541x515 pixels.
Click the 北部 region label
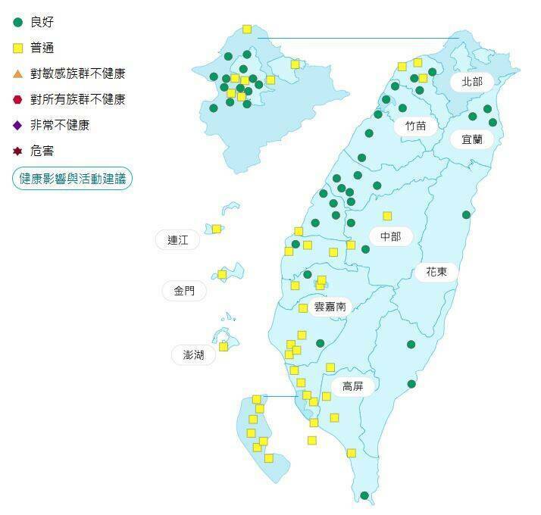coord(472,81)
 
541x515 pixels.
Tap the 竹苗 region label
coord(415,126)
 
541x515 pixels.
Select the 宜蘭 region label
coord(471,139)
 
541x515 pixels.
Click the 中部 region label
coord(390,236)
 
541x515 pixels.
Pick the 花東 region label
coord(436,270)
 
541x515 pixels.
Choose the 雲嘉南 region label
coord(330,307)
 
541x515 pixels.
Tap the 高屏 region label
coord(352,386)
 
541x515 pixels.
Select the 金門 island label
coord(184,291)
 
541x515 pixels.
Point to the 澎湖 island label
coord(188,354)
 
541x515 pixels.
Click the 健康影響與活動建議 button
coord(72,179)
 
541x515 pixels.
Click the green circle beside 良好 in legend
coord(18,22)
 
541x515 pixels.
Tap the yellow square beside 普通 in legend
coord(18,48)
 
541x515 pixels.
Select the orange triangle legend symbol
coord(18,73)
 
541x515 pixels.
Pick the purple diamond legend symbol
coord(18,125)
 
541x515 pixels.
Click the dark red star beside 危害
coord(18,151)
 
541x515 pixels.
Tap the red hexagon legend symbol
coord(18,99)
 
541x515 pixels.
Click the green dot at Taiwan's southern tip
coord(364,496)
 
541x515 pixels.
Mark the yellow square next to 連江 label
coord(217,229)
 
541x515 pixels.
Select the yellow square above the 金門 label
coord(222,274)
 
